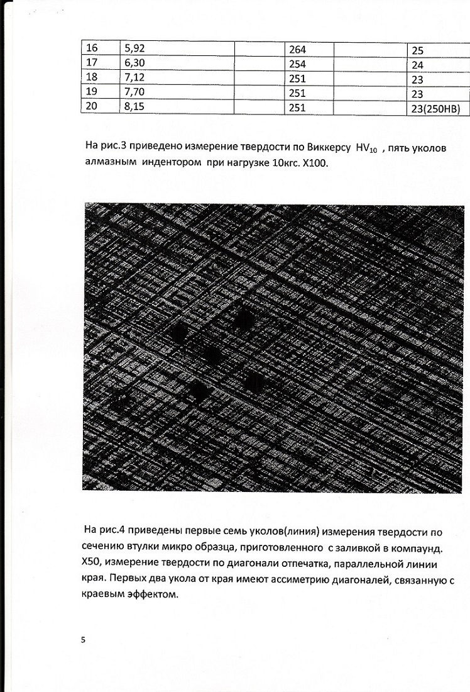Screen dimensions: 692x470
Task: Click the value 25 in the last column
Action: pyautogui.click(x=417, y=50)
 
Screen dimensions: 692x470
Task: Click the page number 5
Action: pyautogui.click(x=83, y=640)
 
